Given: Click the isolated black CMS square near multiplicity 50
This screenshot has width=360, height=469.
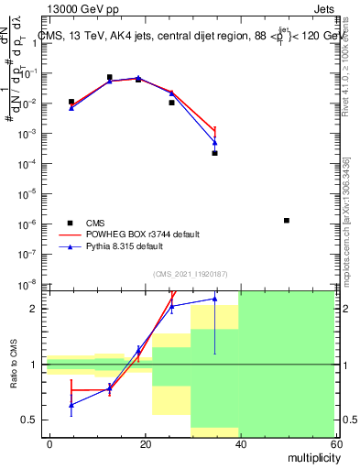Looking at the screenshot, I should (x=287, y=221).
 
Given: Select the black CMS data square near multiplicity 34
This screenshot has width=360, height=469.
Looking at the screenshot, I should (x=214, y=153).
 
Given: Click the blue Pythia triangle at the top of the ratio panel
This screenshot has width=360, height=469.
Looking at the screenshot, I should (x=214, y=299).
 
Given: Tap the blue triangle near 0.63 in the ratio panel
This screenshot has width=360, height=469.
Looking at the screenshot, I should (x=71, y=404).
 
